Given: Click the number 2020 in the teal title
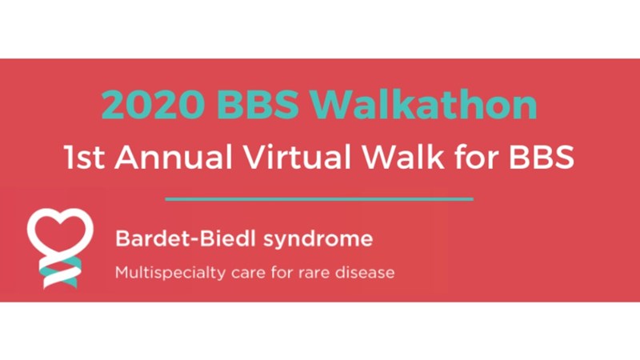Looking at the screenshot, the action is pyautogui.click(x=153, y=105).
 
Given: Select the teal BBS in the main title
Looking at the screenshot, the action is pyautogui.click(x=258, y=105).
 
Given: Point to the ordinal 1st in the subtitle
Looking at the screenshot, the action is pyautogui.click(x=84, y=157).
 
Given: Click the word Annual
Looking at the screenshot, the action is pyautogui.click(x=174, y=157).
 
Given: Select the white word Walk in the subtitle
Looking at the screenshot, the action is pyautogui.click(x=403, y=157).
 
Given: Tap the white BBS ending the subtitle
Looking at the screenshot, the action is pyautogui.click(x=542, y=157).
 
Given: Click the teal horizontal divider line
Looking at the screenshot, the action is pyautogui.click(x=319, y=199).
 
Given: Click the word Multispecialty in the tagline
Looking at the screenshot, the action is pyautogui.click(x=170, y=273).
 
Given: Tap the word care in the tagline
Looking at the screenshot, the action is pyautogui.click(x=249, y=274).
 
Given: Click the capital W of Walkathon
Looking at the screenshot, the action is pyautogui.click(x=334, y=105).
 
